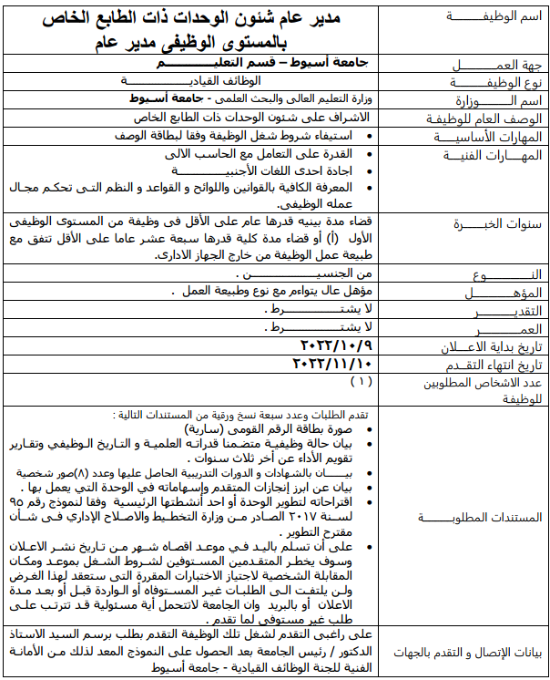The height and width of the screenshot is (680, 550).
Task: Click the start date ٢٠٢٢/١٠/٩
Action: [334, 345]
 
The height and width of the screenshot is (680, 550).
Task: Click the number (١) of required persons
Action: [361, 380]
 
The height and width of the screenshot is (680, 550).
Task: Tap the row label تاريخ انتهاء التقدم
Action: [488, 364]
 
